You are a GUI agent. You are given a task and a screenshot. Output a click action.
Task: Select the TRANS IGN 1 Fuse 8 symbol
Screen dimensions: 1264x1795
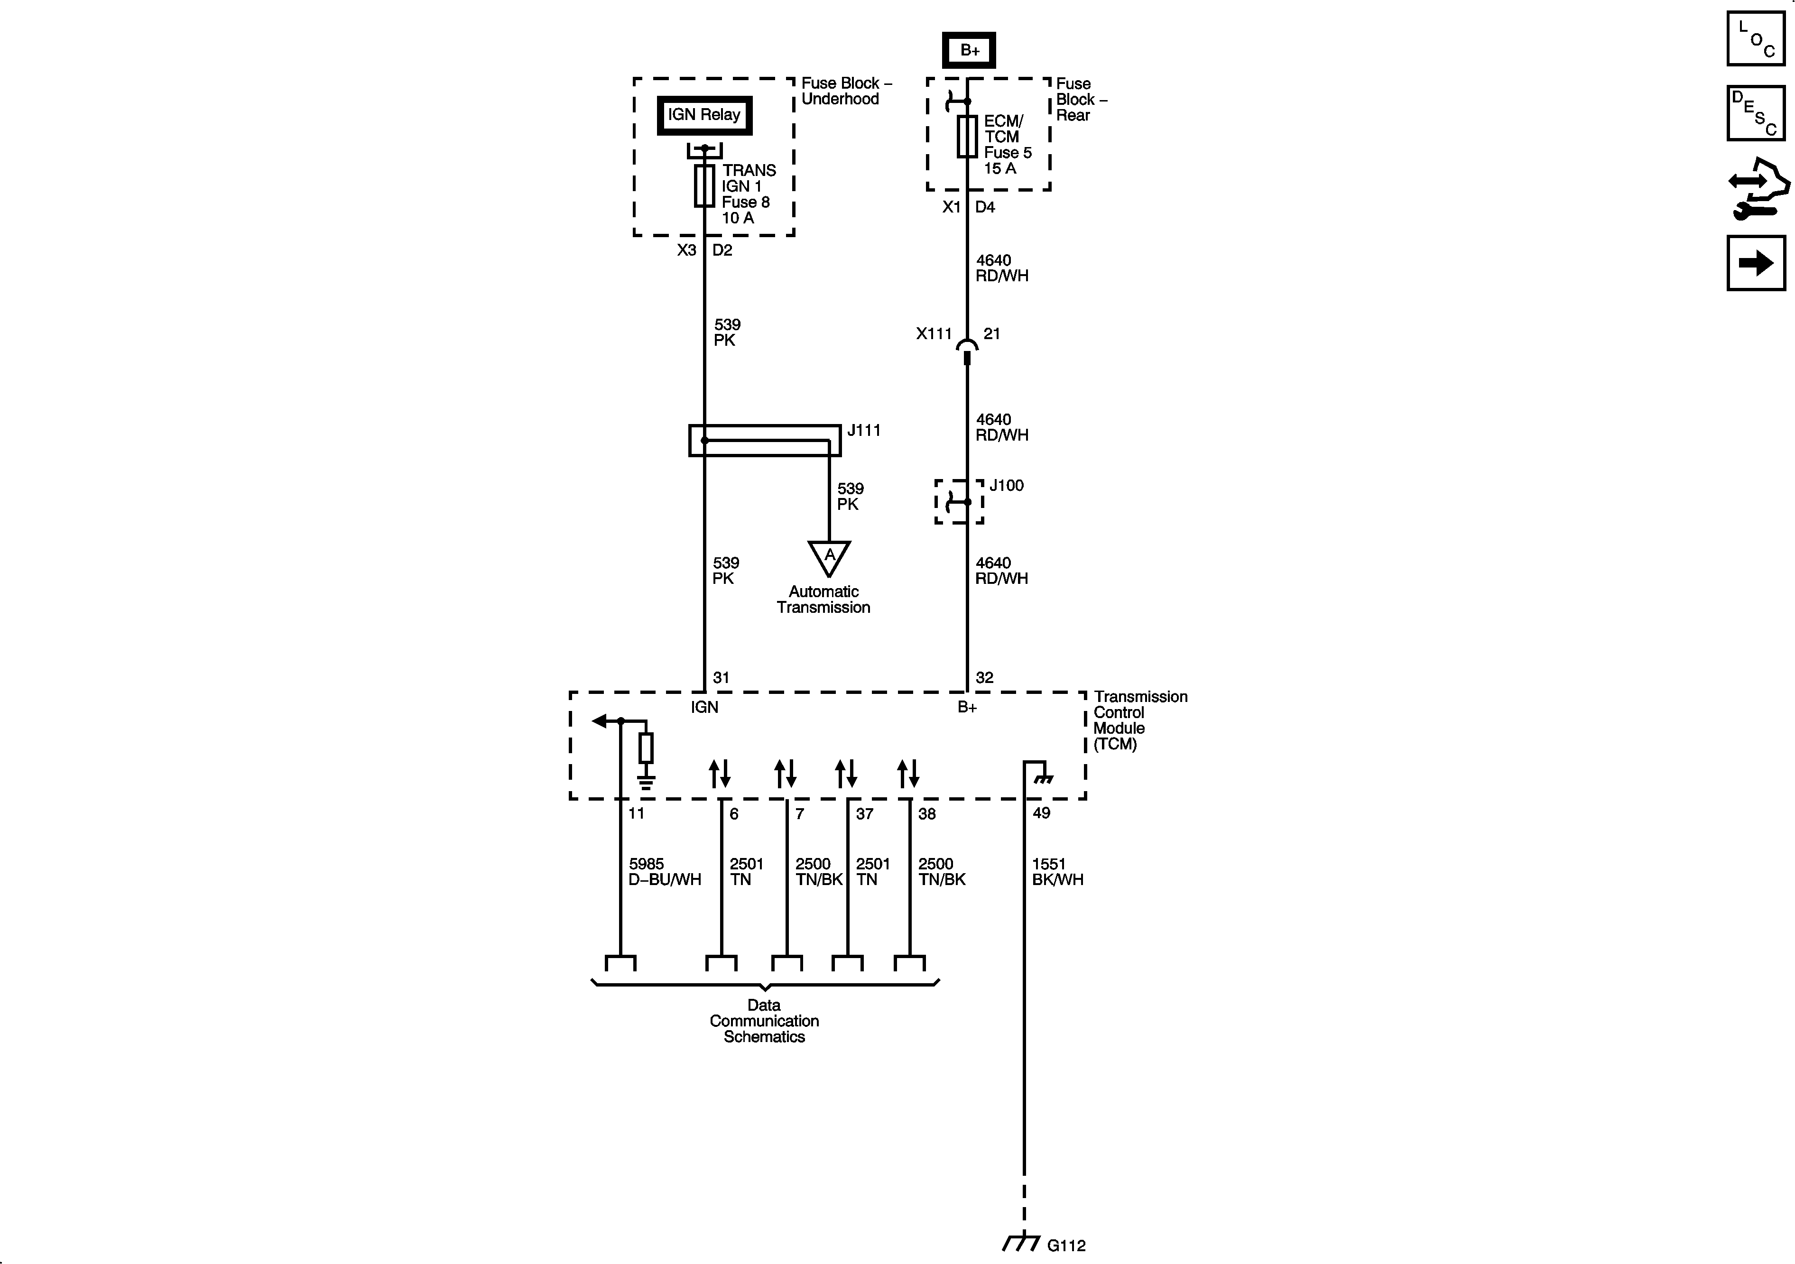[x=704, y=186]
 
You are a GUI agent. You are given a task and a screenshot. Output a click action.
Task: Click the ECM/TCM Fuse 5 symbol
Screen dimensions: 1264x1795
[x=967, y=137]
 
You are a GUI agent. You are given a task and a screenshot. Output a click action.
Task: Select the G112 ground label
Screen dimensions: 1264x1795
[x=1066, y=1245]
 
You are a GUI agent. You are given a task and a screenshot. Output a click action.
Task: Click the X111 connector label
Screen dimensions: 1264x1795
[x=934, y=334]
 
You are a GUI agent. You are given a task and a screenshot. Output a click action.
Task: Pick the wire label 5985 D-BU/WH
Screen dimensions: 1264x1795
[x=665, y=872]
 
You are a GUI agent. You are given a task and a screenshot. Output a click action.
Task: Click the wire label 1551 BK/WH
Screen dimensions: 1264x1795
[x=1057, y=872]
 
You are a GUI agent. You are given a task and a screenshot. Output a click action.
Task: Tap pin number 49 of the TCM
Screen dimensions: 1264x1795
[x=1041, y=813]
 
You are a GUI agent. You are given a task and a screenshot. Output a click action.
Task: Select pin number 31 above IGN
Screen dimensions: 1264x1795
[x=721, y=678]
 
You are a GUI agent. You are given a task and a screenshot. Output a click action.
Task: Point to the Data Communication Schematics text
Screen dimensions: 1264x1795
[x=764, y=1021]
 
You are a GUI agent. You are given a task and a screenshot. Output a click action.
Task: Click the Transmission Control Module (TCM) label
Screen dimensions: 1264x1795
[x=1140, y=720]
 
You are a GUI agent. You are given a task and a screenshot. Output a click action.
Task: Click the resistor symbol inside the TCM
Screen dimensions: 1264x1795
[x=646, y=748]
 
